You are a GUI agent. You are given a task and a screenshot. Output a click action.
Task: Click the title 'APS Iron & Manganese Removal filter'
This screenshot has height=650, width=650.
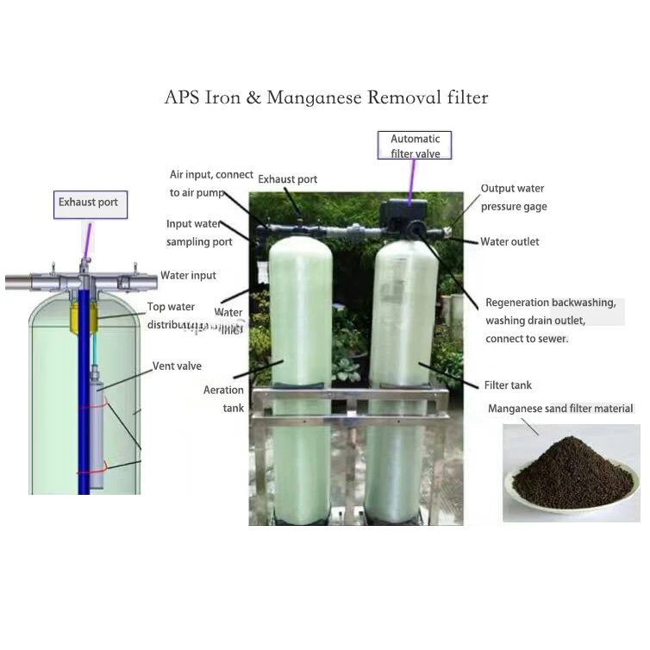click(326, 97)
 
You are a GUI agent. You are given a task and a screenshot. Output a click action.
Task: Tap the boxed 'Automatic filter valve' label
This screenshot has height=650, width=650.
click(415, 146)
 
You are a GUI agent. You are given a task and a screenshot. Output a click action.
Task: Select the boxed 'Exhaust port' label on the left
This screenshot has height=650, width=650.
click(89, 204)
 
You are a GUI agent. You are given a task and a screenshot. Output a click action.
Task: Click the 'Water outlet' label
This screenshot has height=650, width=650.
click(509, 241)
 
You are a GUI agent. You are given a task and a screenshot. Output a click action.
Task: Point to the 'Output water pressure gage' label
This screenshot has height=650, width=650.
click(513, 197)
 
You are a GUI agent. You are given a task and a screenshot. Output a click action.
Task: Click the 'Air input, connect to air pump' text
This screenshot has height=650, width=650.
click(210, 184)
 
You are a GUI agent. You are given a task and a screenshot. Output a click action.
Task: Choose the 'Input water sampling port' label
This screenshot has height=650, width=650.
click(199, 233)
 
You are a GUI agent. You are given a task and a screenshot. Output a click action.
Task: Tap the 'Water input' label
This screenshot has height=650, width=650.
click(188, 276)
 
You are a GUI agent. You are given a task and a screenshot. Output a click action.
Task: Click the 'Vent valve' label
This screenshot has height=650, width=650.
click(177, 366)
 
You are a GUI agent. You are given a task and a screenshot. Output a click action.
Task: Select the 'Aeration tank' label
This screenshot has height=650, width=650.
click(223, 399)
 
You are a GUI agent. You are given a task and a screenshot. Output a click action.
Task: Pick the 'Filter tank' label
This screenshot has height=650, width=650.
click(508, 385)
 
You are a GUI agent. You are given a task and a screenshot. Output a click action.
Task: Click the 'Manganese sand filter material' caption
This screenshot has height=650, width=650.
click(560, 409)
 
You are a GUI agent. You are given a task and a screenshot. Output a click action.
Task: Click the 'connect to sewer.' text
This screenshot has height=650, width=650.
click(527, 339)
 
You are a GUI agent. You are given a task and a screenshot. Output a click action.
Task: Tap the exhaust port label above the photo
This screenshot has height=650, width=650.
click(288, 179)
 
